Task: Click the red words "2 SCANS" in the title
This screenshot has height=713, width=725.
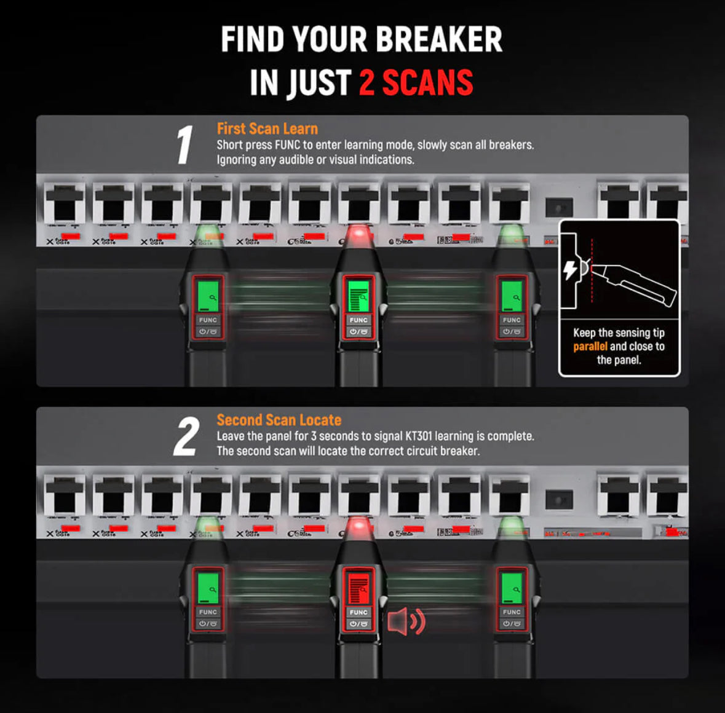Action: pos(416,83)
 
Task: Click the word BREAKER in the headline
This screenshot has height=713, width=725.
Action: pos(439,40)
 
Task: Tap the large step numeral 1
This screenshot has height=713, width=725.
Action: pos(184,146)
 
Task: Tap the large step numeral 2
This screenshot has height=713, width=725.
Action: pos(186,437)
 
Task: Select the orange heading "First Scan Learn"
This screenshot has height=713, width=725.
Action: pos(267,128)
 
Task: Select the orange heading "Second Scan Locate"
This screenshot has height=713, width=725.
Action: pos(279,420)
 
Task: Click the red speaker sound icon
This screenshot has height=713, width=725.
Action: pos(406,622)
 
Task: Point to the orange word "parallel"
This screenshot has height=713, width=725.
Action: pos(590,347)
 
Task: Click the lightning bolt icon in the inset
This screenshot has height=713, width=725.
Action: pos(570,270)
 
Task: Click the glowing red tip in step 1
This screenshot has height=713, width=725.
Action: pos(359,236)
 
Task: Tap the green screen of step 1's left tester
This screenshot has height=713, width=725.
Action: pos(208,295)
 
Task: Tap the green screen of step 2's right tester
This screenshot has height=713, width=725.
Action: pos(512,587)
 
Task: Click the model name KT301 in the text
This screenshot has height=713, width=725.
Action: pos(419,436)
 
